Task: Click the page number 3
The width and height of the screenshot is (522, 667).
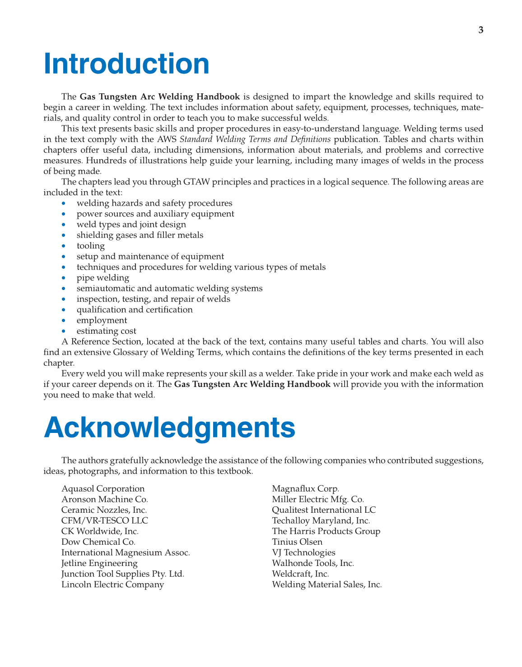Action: (480, 30)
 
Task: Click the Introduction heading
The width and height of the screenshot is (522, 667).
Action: (126, 64)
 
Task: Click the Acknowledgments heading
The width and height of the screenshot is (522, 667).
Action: (169, 428)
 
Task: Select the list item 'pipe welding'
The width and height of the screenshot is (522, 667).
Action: (103, 278)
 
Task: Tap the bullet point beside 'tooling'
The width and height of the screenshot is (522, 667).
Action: (66, 246)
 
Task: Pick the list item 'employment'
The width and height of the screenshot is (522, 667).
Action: (102, 320)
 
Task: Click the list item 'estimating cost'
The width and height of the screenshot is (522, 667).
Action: (106, 331)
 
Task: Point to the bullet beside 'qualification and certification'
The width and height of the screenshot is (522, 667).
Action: (66, 310)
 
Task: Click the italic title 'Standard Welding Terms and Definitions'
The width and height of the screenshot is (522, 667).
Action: (255, 139)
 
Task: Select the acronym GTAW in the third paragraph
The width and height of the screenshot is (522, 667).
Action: (199, 182)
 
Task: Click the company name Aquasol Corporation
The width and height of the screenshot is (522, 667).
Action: (103, 489)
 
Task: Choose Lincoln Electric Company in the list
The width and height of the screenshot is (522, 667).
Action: (112, 584)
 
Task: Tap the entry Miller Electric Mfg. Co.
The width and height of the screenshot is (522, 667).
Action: (318, 499)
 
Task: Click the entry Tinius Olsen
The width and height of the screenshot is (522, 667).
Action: (297, 542)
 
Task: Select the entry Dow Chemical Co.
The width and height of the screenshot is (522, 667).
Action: (98, 542)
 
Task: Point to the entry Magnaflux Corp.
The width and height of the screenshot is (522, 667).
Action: (305, 489)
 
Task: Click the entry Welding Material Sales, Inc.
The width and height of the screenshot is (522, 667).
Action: (327, 584)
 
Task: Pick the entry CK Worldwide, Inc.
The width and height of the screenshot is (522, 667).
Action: (100, 531)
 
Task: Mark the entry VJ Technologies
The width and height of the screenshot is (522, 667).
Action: (303, 552)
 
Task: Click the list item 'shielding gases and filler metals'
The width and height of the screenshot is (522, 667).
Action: (140, 235)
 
